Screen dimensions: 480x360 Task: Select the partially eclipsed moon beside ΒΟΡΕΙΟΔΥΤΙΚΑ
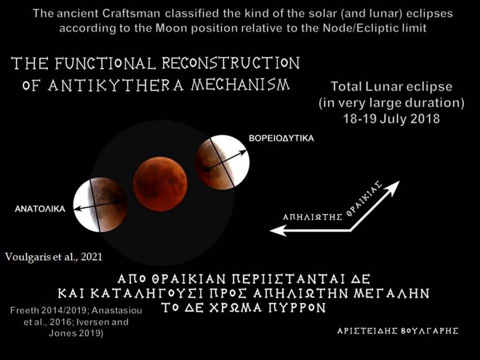(222, 162)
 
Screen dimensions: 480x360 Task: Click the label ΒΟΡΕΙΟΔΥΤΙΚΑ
(281, 138)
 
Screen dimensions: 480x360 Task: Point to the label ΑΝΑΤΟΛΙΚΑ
(40, 209)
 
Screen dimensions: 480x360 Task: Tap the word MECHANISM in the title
(240, 84)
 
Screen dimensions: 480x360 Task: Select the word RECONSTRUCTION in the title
(230, 63)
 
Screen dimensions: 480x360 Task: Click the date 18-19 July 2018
(391, 118)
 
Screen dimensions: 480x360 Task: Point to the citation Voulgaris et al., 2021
(53, 256)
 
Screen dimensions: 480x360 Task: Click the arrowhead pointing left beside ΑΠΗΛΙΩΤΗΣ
(278, 230)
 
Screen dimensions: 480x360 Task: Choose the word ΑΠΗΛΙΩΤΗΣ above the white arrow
(312, 217)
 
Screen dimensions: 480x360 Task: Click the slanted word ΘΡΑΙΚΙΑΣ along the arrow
(364, 198)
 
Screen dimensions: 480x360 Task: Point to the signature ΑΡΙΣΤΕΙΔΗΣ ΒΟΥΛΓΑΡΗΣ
(397, 331)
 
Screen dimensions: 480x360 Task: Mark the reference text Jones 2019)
(76, 333)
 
